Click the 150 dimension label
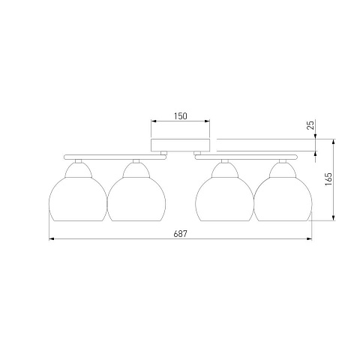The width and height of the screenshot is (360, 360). tap(181, 116)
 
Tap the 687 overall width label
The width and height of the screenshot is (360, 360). tap(180, 234)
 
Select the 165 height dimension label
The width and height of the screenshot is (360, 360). tap(328, 178)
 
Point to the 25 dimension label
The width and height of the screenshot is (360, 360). tap(310, 125)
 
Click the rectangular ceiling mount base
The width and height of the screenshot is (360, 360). tap(180, 145)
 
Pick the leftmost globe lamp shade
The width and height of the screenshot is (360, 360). tap(78, 192)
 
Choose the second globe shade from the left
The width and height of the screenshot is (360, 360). tap(136, 192)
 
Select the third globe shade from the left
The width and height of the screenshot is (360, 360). tap(225, 192)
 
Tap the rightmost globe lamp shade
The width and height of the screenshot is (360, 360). tap(283, 192)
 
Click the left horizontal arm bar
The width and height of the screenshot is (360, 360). tap(115, 157)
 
